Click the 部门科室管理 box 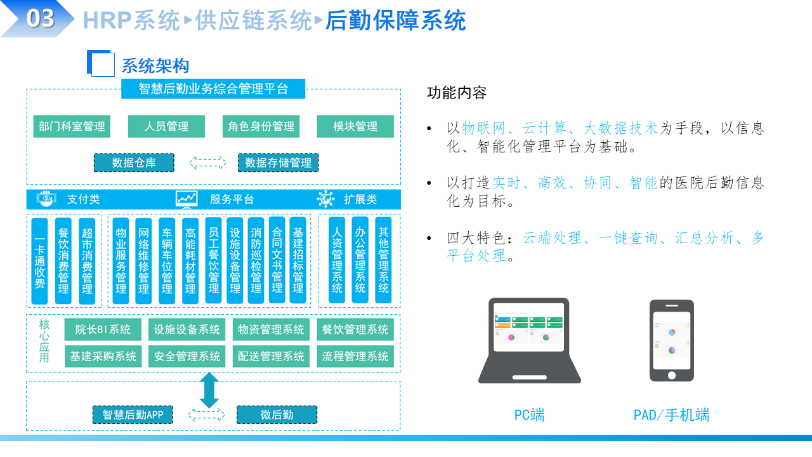72,126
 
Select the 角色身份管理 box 261,126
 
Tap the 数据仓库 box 134,163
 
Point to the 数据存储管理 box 278,163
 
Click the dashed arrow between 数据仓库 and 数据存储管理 207,163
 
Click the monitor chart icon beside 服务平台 187,199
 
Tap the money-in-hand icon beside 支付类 47,199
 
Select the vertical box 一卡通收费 39,261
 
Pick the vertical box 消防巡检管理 256,261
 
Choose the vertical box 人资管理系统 337,261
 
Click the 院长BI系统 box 103,329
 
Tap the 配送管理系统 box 271,357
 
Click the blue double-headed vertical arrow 209,390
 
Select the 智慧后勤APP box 133,415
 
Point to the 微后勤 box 277,415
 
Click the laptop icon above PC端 530,340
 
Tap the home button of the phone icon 671,374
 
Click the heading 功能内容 457,93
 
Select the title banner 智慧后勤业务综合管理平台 213,89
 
